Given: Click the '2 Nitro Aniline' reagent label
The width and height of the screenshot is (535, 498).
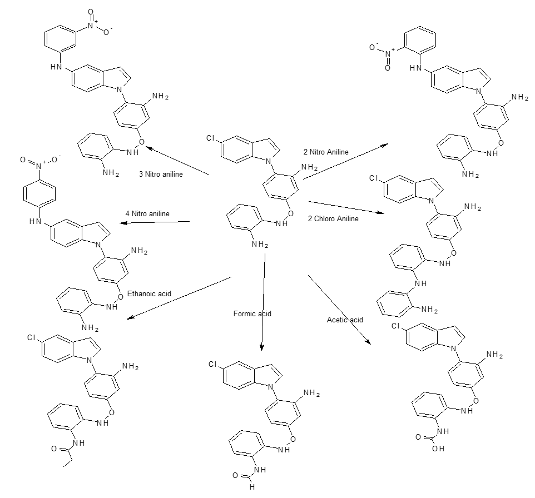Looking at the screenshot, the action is coord(326,152).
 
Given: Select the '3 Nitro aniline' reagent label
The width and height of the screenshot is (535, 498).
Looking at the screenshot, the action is coord(161,174).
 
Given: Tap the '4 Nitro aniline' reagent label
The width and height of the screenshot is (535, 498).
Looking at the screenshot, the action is coord(147,213).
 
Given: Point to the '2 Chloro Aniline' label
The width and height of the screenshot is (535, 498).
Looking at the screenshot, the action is coord(333,218).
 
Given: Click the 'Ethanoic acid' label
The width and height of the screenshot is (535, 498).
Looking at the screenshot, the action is coord(149,293).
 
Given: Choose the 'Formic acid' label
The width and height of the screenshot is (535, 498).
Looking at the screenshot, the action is coord(252,313).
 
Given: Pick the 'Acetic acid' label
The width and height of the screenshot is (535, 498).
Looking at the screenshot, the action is coord(345,320).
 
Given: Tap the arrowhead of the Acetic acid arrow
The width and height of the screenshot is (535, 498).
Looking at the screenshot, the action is coord(368,341).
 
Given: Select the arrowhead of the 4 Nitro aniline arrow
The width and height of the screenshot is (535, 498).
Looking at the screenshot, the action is coord(122,223).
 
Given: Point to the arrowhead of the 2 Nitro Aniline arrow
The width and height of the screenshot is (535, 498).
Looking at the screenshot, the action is coord(385,145).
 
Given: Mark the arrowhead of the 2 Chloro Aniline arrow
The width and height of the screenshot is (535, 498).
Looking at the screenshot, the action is coord(381,212).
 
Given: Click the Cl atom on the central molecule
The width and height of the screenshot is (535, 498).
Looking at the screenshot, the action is coord(210,138).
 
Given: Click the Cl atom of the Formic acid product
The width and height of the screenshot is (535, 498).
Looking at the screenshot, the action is coord(212,364).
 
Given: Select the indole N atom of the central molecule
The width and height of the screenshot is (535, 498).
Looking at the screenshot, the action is coord(269,161).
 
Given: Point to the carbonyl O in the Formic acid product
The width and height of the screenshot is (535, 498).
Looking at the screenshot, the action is coord(235,475).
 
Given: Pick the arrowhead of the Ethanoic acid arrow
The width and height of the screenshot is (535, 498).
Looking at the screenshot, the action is coord(130,318).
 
